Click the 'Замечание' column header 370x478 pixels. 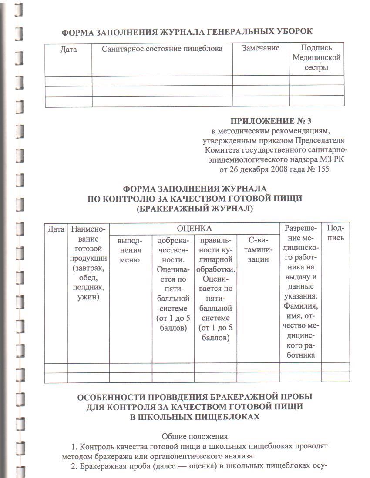point(260,48)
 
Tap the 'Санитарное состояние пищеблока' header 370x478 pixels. point(162,49)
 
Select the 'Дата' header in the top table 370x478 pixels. point(68,50)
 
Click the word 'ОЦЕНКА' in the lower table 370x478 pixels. point(194,229)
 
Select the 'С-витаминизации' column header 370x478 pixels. point(258,250)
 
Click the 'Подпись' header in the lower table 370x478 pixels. point(335,233)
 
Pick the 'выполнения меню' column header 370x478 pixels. point(130,250)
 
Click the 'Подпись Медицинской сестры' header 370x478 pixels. point(316,57)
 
